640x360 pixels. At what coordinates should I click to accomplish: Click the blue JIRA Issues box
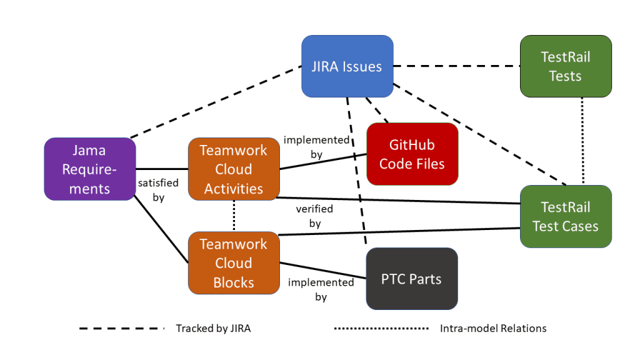[x=347, y=66]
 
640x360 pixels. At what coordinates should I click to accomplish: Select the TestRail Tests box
[x=565, y=66]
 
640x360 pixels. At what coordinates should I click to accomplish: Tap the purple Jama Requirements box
[x=90, y=169]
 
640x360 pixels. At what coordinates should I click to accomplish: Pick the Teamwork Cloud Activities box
[x=234, y=169]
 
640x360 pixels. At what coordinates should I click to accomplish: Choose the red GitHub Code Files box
[x=412, y=154]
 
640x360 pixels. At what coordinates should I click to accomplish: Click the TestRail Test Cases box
[x=565, y=216]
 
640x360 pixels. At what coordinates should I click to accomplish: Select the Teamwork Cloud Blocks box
[x=234, y=262]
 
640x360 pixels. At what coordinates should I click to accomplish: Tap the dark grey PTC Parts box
[x=411, y=279]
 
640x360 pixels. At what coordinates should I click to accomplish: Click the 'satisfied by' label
[x=158, y=190]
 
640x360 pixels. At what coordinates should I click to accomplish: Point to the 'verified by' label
[x=314, y=216]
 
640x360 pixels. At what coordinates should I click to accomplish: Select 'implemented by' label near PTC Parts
[x=321, y=289]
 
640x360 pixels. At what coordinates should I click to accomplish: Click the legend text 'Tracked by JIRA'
[x=213, y=328]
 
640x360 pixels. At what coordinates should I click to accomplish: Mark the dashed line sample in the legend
[x=122, y=328]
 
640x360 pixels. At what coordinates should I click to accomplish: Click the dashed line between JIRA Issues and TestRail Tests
[x=456, y=66]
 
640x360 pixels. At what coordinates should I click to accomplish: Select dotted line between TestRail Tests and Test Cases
[x=582, y=141]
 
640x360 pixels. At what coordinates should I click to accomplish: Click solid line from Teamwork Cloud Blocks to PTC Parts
[x=322, y=270]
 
